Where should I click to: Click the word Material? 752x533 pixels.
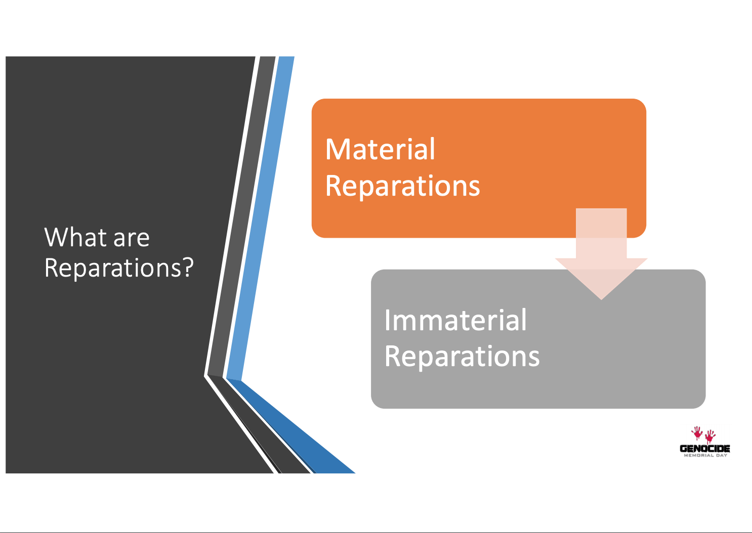click(380, 150)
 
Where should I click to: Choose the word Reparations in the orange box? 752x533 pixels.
click(402, 186)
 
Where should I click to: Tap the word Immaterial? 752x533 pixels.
click(455, 320)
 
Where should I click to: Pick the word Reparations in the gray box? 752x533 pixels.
click(462, 357)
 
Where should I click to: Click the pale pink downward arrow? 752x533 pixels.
click(601, 253)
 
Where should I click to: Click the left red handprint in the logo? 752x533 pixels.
click(697, 433)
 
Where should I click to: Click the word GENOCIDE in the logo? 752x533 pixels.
click(705, 449)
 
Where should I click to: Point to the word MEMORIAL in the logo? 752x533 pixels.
click(699, 456)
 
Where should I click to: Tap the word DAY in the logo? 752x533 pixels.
click(722, 456)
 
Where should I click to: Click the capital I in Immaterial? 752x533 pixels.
click(387, 320)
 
